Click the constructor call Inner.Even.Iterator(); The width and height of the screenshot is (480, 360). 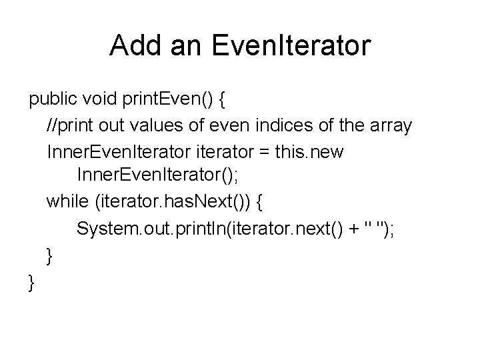154,177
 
